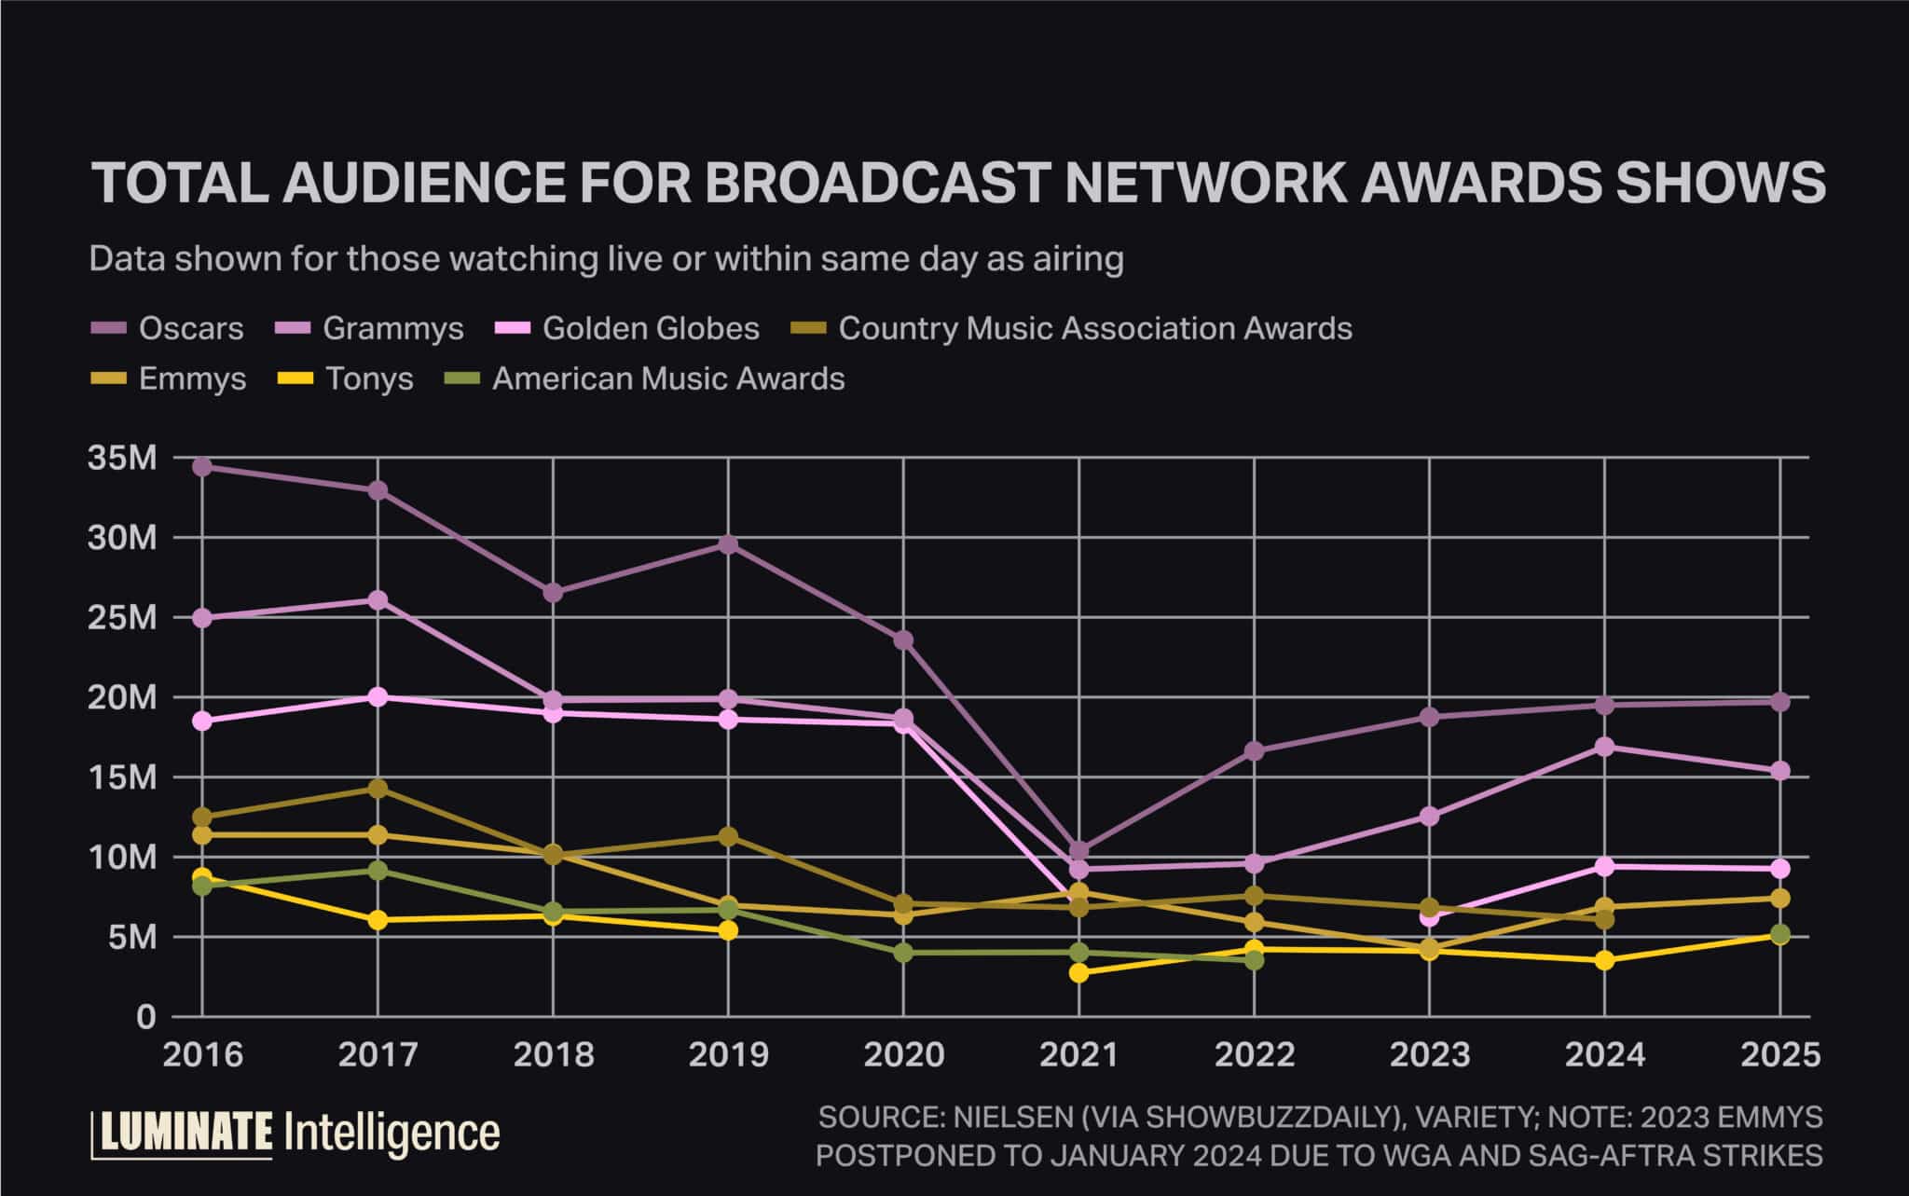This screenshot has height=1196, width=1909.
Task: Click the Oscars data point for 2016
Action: coord(202,466)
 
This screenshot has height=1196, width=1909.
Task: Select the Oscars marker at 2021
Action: coord(1078,850)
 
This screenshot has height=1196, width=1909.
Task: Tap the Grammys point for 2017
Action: coord(378,599)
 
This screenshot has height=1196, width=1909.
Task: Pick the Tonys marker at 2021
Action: coord(1078,972)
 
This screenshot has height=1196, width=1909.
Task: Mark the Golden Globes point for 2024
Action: coord(1604,866)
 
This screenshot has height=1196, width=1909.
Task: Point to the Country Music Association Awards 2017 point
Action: coord(378,789)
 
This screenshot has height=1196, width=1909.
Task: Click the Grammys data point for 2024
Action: coord(1604,747)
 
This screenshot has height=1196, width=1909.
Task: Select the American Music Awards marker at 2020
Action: coord(903,953)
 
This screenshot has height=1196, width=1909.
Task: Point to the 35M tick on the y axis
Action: coord(121,458)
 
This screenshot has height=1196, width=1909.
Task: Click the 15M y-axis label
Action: coord(121,777)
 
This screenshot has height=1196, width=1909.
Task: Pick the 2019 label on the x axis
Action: coord(728,1054)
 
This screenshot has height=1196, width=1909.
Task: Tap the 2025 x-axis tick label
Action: coord(1779,1054)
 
